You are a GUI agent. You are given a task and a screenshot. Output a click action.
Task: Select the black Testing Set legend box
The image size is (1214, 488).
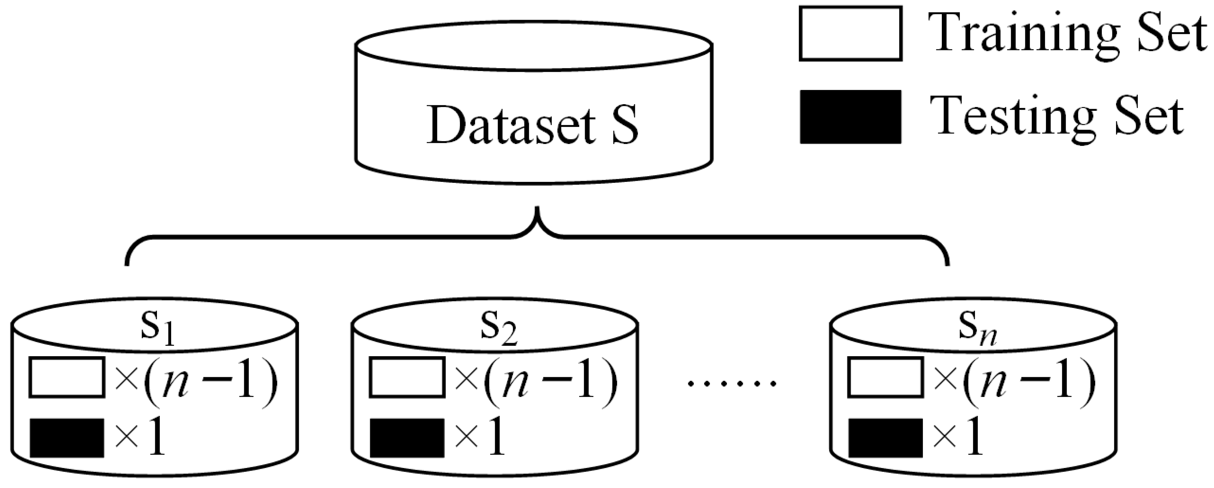pos(851,116)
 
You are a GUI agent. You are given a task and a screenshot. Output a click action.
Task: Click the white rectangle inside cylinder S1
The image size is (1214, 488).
pos(67,377)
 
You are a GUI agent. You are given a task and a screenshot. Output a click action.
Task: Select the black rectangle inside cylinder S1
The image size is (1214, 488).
pos(67,438)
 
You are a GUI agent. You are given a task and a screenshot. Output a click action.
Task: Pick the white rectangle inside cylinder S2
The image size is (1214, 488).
pos(407,377)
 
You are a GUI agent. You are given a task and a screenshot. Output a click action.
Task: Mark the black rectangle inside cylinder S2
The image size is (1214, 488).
pos(407,438)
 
